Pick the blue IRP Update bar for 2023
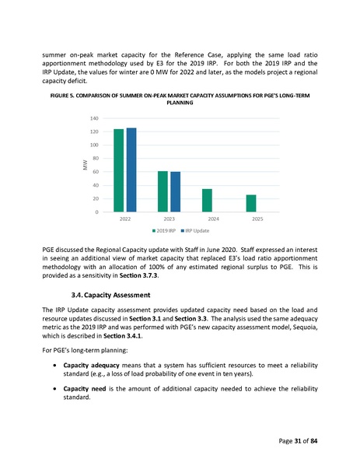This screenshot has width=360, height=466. tap(175, 192)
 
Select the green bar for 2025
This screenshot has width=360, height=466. tap(251, 203)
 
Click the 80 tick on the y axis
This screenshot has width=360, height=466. tap(94, 159)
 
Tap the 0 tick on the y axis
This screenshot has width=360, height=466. tap(96, 212)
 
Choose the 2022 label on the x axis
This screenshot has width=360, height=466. tap(124, 220)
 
